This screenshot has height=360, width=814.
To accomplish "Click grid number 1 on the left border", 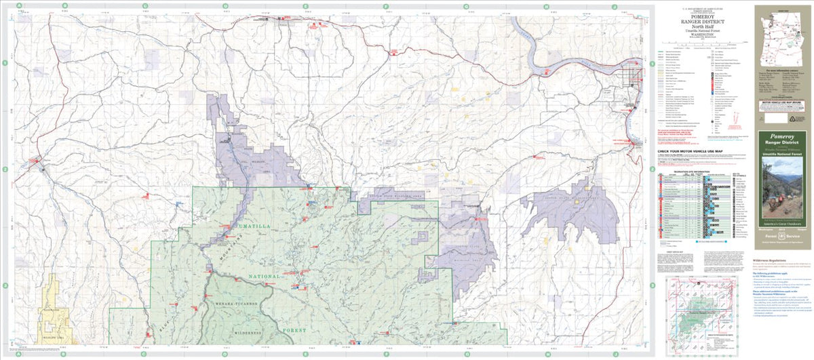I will pyautogui.click(x=5, y=63).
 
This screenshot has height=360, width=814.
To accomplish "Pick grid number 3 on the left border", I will pyautogui.click(x=5, y=285).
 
